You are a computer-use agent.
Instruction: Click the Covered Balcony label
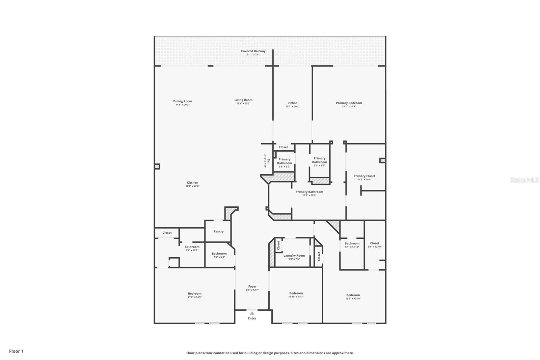[x=253, y=51]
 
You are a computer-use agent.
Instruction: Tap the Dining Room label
[x=183, y=101]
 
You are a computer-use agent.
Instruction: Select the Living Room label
[x=243, y=100]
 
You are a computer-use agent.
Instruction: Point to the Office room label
[x=293, y=103]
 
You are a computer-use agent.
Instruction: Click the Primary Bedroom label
[x=349, y=103]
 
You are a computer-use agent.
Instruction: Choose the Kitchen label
[x=192, y=183]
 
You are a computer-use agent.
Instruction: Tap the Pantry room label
[x=218, y=232]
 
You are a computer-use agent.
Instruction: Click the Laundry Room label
[x=294, y=256]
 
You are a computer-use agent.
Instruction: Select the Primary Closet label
[x=364, y=176]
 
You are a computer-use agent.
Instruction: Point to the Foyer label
[x=252, y=286]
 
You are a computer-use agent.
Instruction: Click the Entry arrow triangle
[x=252, y=313]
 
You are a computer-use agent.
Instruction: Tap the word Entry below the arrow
[x=252, y=318]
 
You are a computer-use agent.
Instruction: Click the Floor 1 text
[x=16, y=351]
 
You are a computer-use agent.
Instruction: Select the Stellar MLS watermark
[x=524, y=180]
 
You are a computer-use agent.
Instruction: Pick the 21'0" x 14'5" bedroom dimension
[x=195, y=297]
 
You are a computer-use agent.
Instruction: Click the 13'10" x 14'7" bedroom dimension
[x=296, y=297]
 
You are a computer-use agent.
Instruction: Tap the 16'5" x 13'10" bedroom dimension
[x=353, y=299]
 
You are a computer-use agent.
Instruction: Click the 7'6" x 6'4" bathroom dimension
[x=219, y=257]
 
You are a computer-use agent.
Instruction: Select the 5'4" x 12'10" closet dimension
[x=375, y=247]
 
